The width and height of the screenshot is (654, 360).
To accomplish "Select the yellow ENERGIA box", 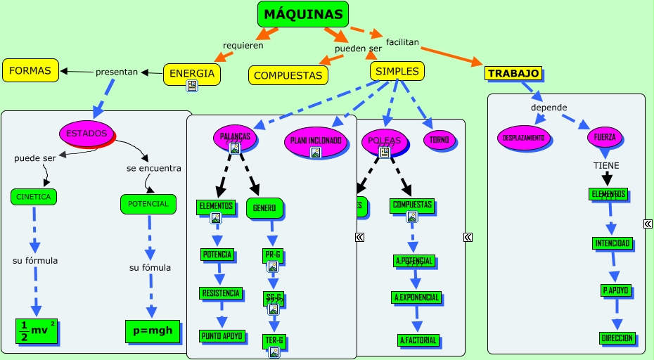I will click(192, 73).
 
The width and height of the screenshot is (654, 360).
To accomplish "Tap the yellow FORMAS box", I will click(30, 70).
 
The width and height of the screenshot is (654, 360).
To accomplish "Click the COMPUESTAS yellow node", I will click(288, 75).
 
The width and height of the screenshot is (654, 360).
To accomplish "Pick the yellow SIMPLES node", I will click(397, 71).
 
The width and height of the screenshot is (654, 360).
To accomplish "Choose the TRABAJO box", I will click(513, 73).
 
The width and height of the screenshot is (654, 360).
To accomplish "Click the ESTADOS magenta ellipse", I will click(86, 133).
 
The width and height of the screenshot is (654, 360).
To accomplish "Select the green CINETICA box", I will click(34, 197).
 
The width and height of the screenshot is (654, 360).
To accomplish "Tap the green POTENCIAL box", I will click(148, 204).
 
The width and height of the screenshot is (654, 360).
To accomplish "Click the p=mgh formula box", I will click(153, 330).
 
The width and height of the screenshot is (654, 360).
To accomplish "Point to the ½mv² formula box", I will click(37, 330).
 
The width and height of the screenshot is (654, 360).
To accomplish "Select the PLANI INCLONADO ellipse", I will click(316, 141).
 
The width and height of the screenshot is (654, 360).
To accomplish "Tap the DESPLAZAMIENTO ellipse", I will click(524, 138).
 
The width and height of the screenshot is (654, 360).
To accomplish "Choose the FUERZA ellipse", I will click(604, 137).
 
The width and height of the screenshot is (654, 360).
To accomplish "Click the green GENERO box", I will click(265, 207).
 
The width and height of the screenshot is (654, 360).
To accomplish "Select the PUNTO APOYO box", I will click(222, 335).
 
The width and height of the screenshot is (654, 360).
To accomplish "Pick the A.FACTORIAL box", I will click(418, 340).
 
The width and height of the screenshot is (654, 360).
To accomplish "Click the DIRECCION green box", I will click(618, 338).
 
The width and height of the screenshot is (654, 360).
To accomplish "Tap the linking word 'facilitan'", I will click(402, 42).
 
